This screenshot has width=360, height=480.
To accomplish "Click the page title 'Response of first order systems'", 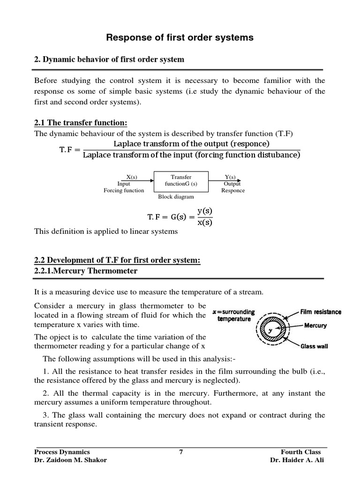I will click(180, 38).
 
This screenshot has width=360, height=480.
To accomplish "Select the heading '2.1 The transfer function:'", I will click(81, 123).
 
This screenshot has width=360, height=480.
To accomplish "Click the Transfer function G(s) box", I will click(181, 181).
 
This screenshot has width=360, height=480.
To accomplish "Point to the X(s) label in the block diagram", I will click(131, 177).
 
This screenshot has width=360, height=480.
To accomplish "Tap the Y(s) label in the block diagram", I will click(230, 177).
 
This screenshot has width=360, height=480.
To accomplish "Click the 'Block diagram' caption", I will click(176, 197).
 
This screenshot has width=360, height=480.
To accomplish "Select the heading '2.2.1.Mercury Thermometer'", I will click(86, 271).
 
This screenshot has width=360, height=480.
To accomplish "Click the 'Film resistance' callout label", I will click(321, 312).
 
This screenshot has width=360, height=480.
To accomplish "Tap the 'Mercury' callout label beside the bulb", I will click(315, 325).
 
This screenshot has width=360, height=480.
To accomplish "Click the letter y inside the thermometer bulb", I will click(270, 330).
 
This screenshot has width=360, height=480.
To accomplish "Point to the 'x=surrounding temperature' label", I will click(233, 315).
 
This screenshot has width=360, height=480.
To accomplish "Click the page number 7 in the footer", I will click(180, 452).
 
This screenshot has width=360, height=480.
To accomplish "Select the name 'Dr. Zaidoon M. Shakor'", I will click(70, 460).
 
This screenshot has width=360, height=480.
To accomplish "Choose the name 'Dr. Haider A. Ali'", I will click(297, 460).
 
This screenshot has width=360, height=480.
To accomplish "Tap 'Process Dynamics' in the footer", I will click(62, 452).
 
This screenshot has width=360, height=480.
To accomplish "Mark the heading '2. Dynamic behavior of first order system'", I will click(109, 60).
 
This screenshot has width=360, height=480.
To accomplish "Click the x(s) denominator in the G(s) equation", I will click(204, 222).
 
